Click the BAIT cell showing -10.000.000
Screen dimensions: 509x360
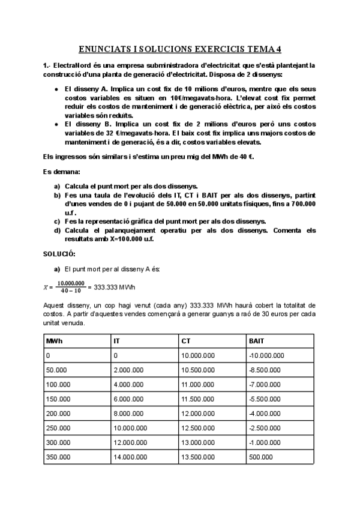click(x=265, y=355)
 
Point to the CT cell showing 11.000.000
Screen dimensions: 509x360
click(x=197, y=384)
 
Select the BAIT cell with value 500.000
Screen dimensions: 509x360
click(x=259, y=456)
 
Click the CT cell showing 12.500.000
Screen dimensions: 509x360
click(x=197, y=427)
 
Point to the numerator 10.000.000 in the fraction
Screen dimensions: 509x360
click(x=71, y=283)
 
